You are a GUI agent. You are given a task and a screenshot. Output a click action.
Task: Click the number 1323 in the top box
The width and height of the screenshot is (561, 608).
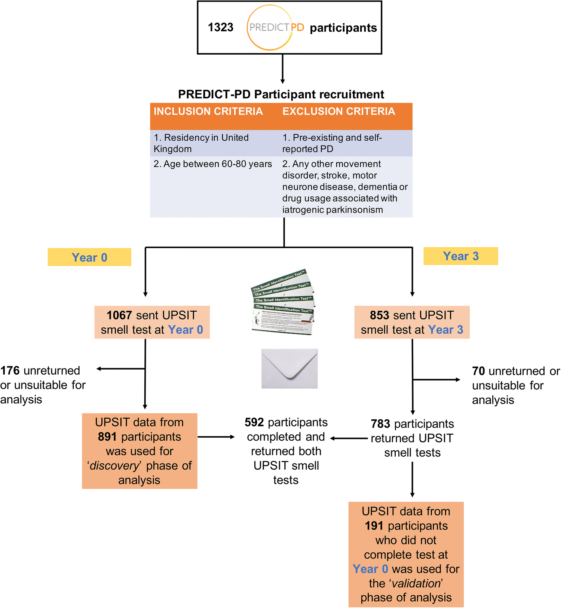coord(220,27)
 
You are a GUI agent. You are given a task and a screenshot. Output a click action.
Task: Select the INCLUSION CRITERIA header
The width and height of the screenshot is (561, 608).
coord(208,111)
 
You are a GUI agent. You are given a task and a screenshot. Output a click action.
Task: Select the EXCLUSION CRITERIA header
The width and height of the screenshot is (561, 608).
coord(338,111)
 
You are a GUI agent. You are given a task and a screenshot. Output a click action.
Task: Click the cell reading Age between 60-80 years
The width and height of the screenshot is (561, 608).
coord(212,164)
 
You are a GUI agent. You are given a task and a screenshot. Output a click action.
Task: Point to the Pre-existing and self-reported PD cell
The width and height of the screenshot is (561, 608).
coord(332,143)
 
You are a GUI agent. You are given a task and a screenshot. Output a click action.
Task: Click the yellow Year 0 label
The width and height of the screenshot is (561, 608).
coord(89,257)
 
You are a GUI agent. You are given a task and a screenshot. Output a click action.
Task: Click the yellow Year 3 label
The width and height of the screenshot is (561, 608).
coord(460,256)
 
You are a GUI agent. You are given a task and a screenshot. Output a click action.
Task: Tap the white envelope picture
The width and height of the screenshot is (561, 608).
coord(289,369)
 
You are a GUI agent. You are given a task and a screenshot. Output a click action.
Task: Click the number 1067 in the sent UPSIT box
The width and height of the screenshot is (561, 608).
coord(119,315)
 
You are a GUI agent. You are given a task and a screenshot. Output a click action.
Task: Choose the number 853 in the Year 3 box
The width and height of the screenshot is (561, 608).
coord(379,315)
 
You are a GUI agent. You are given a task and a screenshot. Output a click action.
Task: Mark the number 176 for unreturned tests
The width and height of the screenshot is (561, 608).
coord(10,371)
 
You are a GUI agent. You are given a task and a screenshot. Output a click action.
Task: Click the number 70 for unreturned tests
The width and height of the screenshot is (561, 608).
coord(478,371)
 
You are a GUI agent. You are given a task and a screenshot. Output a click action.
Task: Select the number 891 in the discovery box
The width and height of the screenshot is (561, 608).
coord(107,437)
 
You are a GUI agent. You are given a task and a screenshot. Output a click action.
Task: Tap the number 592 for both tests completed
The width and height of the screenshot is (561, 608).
coord(254,422)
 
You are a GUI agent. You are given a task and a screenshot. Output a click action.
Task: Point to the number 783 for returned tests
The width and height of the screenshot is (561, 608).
coord(380,424)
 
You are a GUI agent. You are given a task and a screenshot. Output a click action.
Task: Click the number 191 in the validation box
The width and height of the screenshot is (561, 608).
coord(374,526)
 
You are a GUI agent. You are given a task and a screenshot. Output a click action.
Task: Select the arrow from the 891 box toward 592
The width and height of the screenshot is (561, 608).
coord(216,437)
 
